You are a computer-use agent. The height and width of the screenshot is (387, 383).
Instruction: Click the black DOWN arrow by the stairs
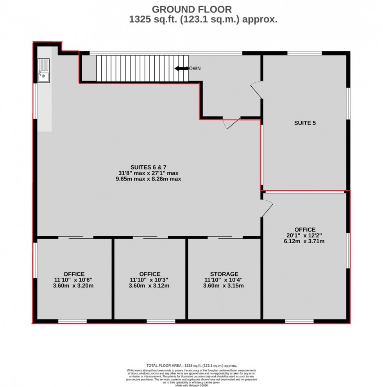(181, 69)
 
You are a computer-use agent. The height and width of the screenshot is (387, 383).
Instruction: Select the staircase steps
(142, 68)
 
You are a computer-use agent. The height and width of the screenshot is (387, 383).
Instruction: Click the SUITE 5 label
(304, 123)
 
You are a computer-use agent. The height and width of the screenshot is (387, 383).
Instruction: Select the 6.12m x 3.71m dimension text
(305, 241)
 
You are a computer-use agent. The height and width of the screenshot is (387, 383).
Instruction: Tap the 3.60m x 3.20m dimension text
(74, 285)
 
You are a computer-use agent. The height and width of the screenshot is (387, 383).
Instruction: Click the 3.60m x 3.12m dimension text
(150, 285)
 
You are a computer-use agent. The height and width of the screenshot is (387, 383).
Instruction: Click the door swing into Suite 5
(256, 89)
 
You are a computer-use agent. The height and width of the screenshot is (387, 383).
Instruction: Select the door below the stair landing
(231, 123)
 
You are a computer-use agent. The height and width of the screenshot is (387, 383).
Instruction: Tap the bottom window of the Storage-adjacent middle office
(161, 321)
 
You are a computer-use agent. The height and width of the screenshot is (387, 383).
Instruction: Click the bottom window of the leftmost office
(72, 321)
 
